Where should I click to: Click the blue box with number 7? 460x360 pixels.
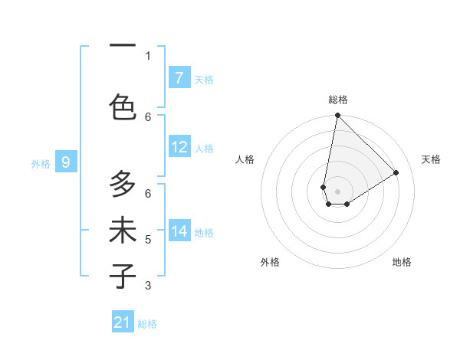pos(179,78)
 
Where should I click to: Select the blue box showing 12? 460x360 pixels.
pos(179,148)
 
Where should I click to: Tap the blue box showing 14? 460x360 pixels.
pos(179,231)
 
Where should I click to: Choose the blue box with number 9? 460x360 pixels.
pos(66,162)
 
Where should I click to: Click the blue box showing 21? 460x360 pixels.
pos(123,323)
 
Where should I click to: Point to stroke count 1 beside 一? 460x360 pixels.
pos(148,55)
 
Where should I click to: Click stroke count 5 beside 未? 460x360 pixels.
pos(148,240)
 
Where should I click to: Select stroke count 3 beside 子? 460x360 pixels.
pos(148,286)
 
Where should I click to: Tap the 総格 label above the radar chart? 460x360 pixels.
pos(338,100)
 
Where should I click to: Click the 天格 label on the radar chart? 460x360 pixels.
pos(431,159)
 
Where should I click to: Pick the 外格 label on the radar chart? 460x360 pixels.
pos(270,262)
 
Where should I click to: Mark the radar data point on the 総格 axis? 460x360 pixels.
pos(337,116)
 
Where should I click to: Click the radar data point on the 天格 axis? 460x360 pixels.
pos(396,172)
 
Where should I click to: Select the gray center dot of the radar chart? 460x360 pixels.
pos(337,191)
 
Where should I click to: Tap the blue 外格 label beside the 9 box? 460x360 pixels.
pos(40,163)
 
